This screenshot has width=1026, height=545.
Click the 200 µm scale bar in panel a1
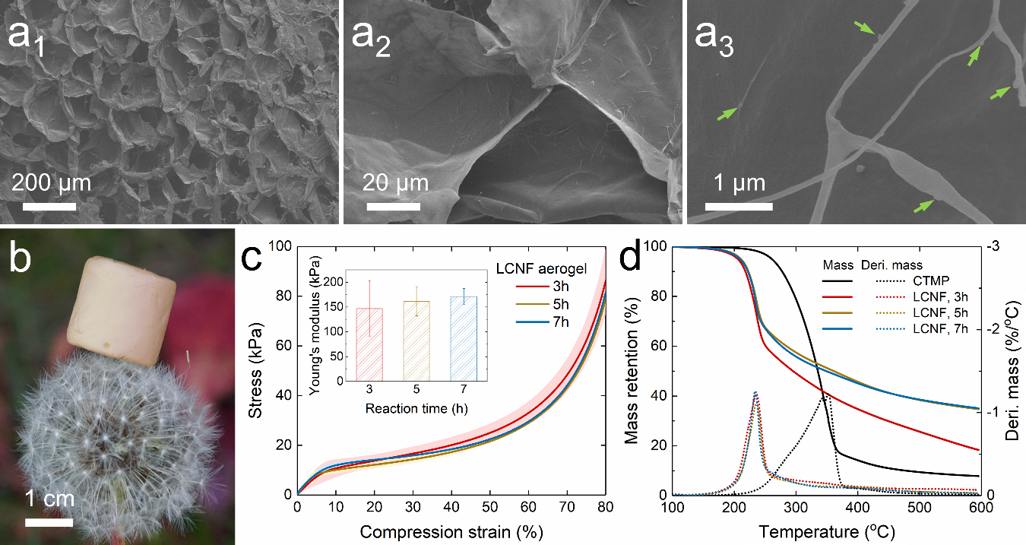click(49, 206)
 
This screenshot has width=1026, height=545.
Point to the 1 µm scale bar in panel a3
click(735, 206)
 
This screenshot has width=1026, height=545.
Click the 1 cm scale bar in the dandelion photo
click(49, 522)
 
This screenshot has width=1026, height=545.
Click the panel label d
click(633, 260)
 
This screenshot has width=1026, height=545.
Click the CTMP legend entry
click(926, 280)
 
